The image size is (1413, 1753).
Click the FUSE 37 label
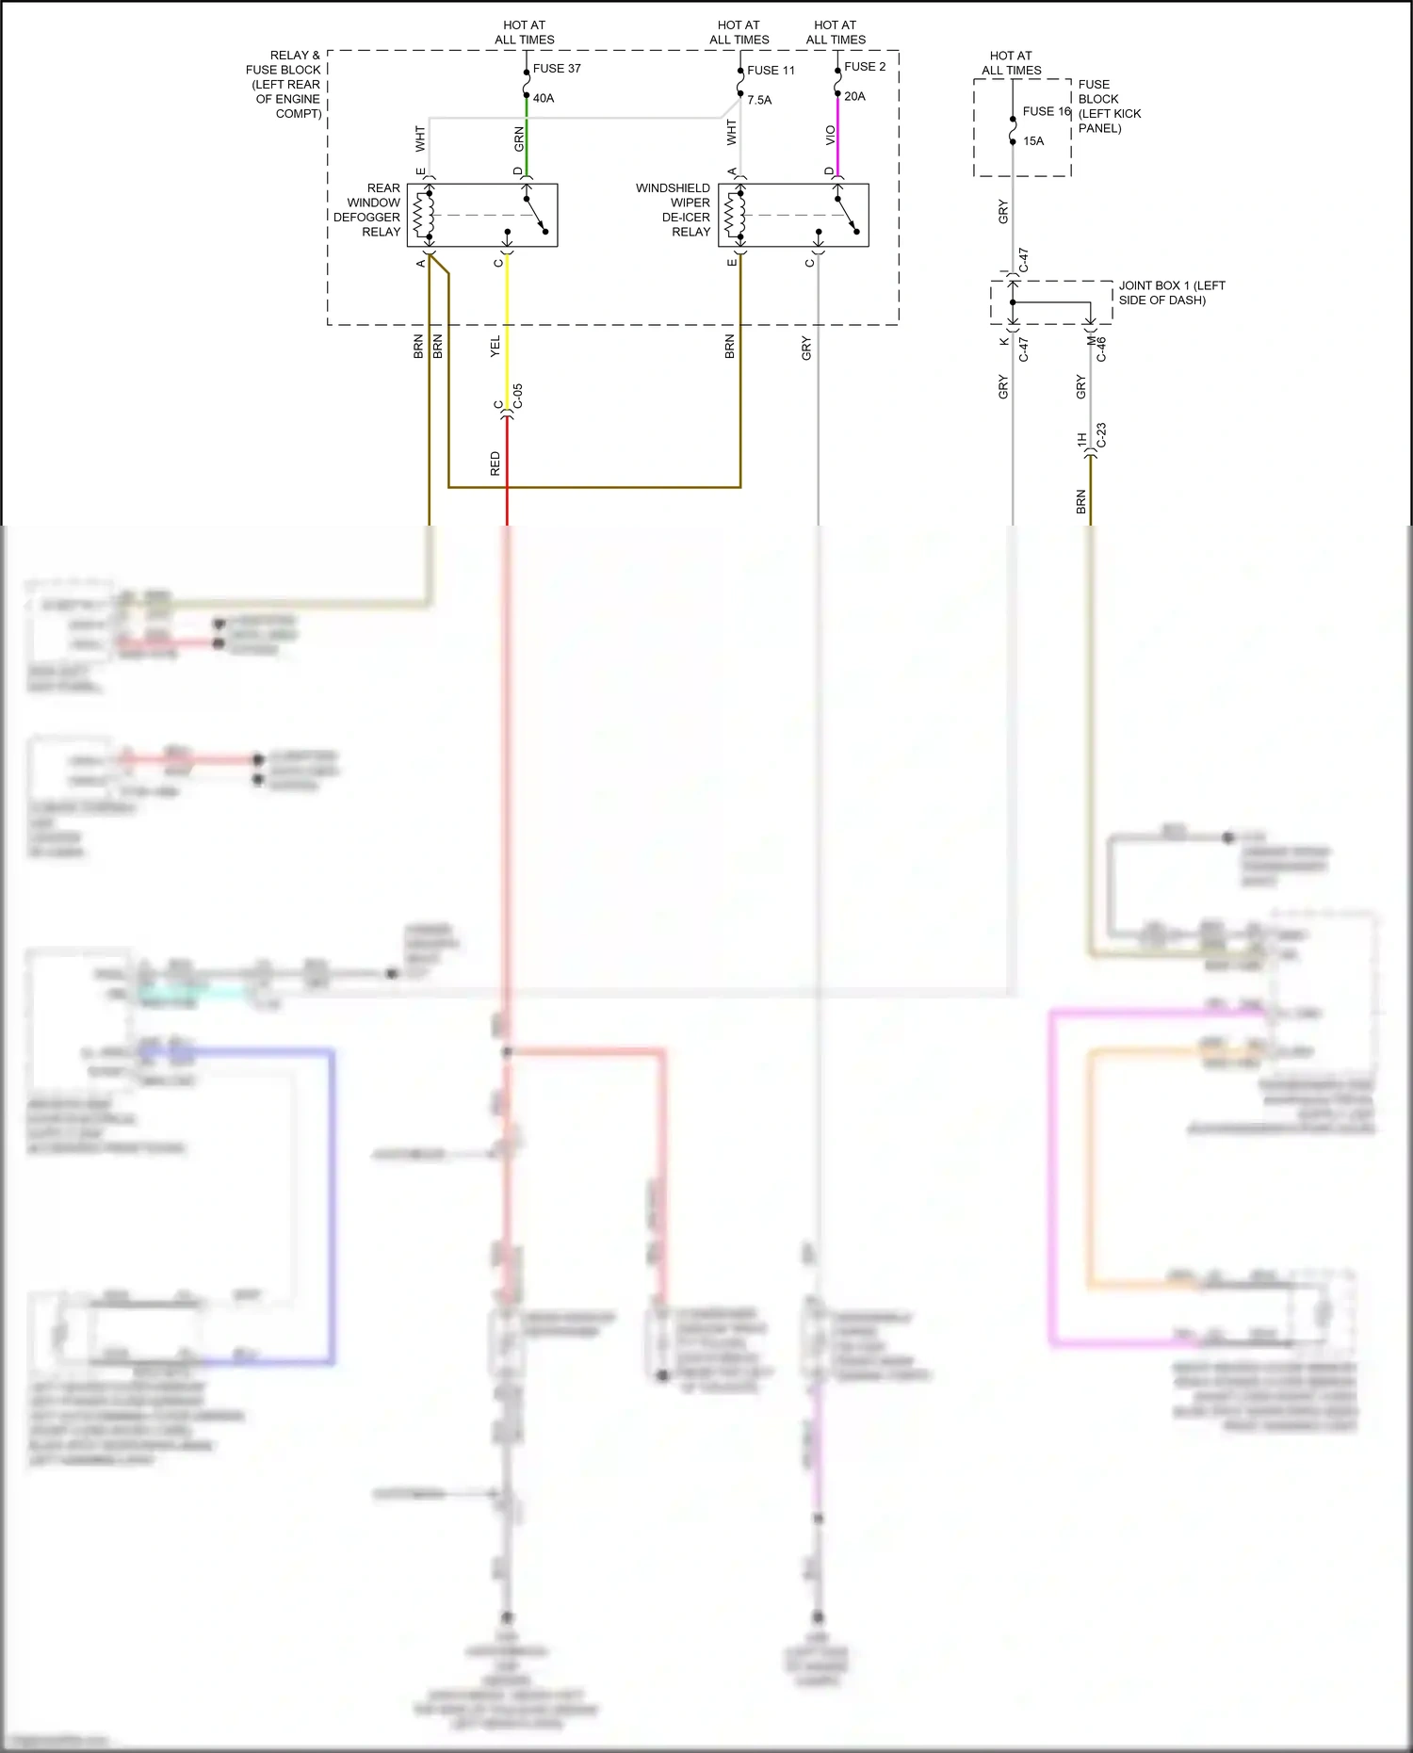pyautogui.click(x=556, y=69)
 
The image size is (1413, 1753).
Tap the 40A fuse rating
pyautogui.click(x=544, y=98)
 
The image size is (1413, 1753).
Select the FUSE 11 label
pyautogui.click(x=771, y=71)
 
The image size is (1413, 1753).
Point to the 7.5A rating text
pyautogui.click(x=758, y=100)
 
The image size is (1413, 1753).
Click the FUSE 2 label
pyautogui.click(x=864, y=67)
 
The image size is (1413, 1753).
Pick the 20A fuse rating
pyautogui.click(x=854, y=96)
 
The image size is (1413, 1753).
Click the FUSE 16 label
pyautogui.click(x=1046, y=111)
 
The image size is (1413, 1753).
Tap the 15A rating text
pyautogui.click(x=1033, y=141)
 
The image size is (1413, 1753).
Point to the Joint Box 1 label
pyautogui.click(x=1171, y=293)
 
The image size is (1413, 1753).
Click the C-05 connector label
pyautogui.click(x=518, y=396)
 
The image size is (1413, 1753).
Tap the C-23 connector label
pyautogui.click(x=1101, y=434)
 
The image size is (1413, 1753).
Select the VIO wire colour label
pyautogui.click(x=830, y=136)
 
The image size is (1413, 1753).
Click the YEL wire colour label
pyautogui.click(x=495, y=347)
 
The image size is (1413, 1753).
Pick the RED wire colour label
pyautogui.click(x=495, y=463)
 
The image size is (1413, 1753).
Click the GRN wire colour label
pyautogui.click(x=519, y=139)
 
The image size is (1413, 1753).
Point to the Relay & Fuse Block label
pyautogui.click(x=284, y=84)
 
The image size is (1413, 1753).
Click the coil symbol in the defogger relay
pyautogui.click(x=423, y=216)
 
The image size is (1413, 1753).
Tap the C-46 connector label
pyautogui.click(x=1101, y=349)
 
